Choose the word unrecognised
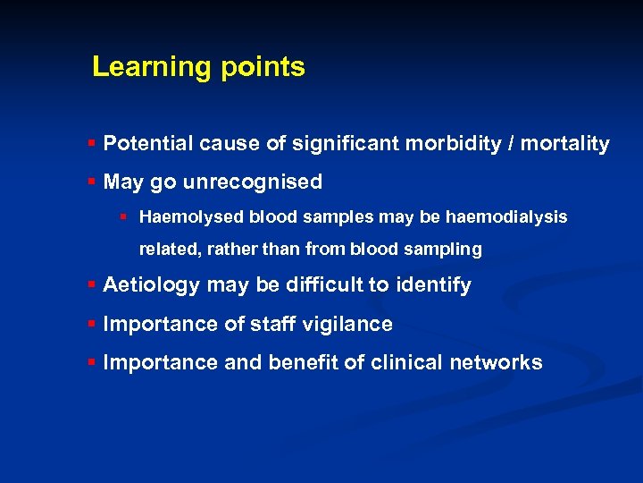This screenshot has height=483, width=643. click(253, 182)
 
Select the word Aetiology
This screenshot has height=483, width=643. click(152, 285)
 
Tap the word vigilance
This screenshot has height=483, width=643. click(351, 324)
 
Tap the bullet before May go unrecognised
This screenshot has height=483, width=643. click(92, 182)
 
